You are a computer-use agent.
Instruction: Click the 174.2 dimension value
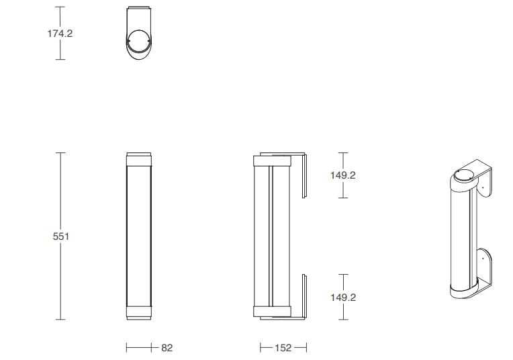pyautogui.click(x=60, y=33)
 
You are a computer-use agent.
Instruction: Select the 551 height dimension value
pyautogui.click(x=61, y=236)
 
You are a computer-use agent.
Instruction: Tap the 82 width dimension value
pyautogui.click(x=167, y=348)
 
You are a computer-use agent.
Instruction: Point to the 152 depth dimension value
pyautogui.click(x=283, y=348)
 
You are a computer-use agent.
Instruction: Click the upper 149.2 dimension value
pyautogui.click(x=343, y=175)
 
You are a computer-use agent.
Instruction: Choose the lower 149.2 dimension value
pyautogui.click(x=343, y=297)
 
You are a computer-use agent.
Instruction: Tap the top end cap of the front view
pyautogui.click(x=140, y=159)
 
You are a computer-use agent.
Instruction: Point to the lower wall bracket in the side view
pyautogui.click(x=304, y=295)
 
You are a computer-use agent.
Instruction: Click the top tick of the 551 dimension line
pyautogui.click(x=60, y=153)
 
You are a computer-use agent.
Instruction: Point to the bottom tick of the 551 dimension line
pyautogui.click(x=60, y=319)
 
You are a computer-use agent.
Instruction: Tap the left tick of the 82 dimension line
pyautogui.click(x=128, y=348)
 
